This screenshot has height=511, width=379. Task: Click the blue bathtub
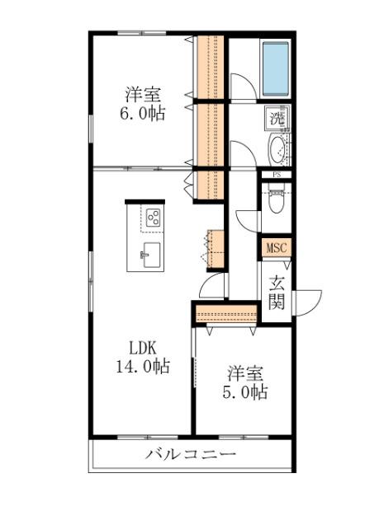click(x=274, y=67)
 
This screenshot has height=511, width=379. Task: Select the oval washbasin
click(x=277, y=150)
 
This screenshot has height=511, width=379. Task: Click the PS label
click(x=277, y=174)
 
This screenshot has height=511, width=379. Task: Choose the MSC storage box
click(x=276, y=247)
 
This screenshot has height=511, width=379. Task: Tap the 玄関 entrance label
click(x=276, y=292)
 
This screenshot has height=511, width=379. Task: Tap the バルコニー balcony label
click(x=192, y=455)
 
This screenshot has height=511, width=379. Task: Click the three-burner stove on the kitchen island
click(x=153, y=218)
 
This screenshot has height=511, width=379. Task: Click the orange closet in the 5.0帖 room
click(x=226, y=313)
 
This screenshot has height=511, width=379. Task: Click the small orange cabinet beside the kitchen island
click(x=214, y=247)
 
